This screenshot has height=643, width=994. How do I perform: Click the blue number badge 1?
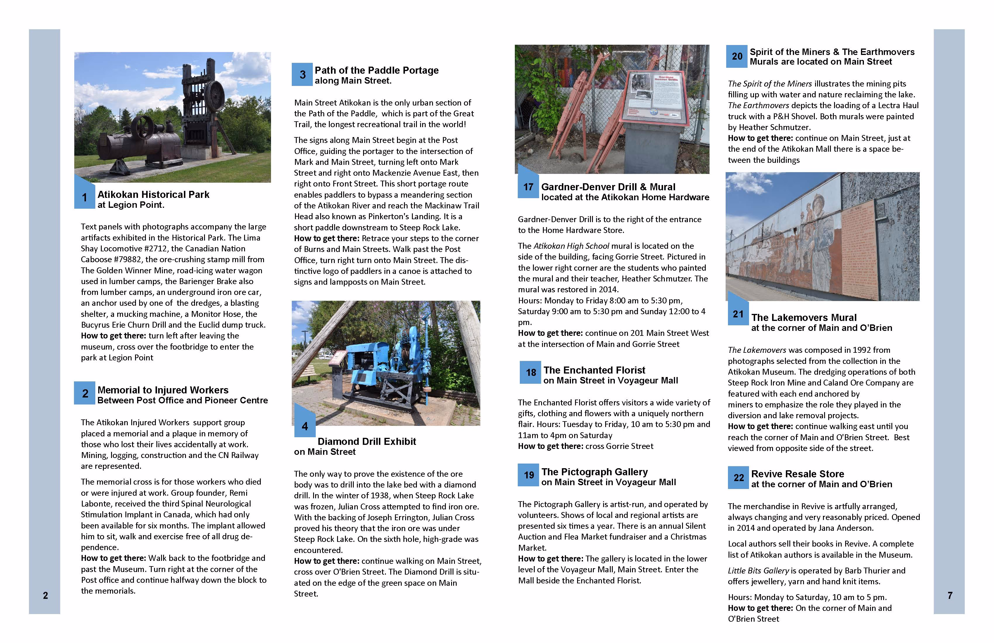click(x=84, y=197)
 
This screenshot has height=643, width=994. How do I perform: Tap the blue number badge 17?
click(x=528, y=187)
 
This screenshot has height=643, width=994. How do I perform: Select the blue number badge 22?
click(x=738, y=478)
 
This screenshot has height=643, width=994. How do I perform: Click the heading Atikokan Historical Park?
click(x=153, y=195)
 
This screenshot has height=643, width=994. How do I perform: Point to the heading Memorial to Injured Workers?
click(x=163, y=390)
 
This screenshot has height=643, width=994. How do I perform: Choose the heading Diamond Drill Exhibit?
click(x=367, y=441)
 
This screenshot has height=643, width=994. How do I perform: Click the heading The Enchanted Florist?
click(x=594, y=370)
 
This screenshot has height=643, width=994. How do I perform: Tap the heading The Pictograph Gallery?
click(x=594, y=472)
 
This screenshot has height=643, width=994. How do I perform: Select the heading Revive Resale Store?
click(x=797, y=474)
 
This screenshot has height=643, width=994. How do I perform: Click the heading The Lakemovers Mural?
click(x=804, y=318)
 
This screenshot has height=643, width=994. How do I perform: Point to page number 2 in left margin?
click(x=45, y=595)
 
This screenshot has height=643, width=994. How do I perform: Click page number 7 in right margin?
click(x=950, y=595)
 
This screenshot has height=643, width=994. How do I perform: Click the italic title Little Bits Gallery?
click(x=758, y=571)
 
